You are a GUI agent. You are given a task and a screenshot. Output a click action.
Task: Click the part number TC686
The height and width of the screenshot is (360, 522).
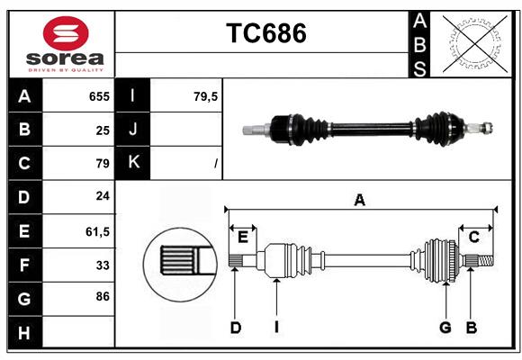click(265, 33)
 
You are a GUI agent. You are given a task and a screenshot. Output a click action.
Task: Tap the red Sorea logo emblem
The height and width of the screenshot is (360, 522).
click(66, 34)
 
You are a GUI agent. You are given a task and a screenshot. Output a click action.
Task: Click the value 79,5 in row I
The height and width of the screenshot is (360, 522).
click(206, 95)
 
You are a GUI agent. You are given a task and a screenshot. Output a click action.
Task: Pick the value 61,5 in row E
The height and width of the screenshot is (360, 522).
click(97, 231)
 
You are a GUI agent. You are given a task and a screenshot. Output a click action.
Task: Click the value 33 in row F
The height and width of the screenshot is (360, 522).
click(103, 265)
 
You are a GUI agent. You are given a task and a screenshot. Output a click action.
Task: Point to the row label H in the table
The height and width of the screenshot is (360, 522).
click(24, 333)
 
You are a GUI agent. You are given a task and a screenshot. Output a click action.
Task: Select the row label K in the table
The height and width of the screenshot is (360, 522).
click(133, 163)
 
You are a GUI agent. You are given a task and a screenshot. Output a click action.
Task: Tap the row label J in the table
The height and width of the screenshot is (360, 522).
click(133, 130)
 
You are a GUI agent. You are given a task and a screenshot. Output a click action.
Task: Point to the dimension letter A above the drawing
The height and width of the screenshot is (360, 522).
click(360, 200)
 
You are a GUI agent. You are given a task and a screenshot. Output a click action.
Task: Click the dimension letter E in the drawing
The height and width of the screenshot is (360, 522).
click(243, 237)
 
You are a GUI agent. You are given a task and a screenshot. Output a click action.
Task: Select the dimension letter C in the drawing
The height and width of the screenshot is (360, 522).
click(473, 237)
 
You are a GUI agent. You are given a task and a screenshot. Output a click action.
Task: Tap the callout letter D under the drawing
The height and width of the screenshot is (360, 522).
click(235, 328)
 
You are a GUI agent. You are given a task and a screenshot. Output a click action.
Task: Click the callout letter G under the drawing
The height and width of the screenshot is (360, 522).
click(445, 328)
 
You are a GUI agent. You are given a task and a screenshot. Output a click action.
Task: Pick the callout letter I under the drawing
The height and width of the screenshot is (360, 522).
click(277, 328)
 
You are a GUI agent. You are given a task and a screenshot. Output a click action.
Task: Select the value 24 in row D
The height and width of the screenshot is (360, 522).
click(103, 197)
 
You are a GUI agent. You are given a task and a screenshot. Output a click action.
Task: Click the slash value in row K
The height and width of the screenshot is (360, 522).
click(216, 164)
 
